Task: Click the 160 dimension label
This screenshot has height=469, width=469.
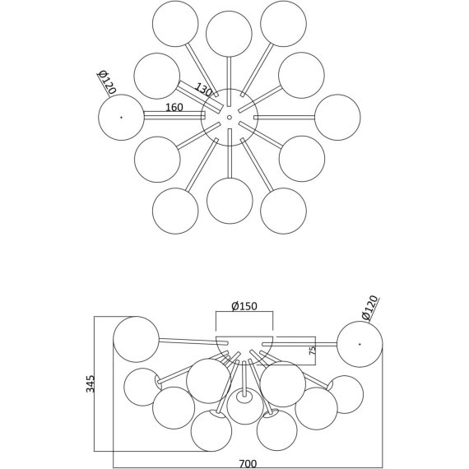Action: pyautogui.click(x=174, y=108)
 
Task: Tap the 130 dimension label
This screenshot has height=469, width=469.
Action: pyautogui.click(x=203, y=90)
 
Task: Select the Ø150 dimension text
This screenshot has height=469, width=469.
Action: pyautogui.click(x=244, y=306)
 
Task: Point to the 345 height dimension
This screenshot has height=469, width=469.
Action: pyautogui.click(x=91, y=383)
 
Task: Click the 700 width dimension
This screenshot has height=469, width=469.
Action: pyautogui.click(x=248, y=463)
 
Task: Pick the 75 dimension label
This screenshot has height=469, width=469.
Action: pyautogui.click(x=312, y=351)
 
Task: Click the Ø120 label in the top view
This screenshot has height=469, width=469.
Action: pyautogui.click(x=107, y=82)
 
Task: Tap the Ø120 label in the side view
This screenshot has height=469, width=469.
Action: pyautogui.click(x=369, y=308)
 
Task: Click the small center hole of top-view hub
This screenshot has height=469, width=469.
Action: pyautogui.click(x=230, y=118)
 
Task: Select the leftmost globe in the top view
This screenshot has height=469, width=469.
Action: pyautogui.click(x=121, y=117)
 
